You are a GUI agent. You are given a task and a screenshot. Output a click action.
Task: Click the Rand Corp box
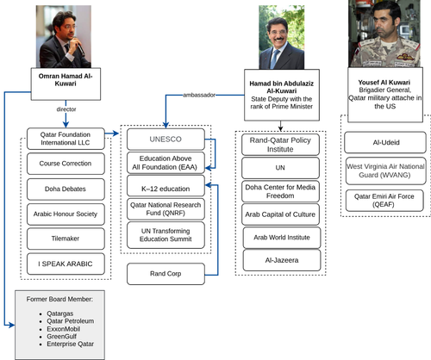[166, 274]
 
